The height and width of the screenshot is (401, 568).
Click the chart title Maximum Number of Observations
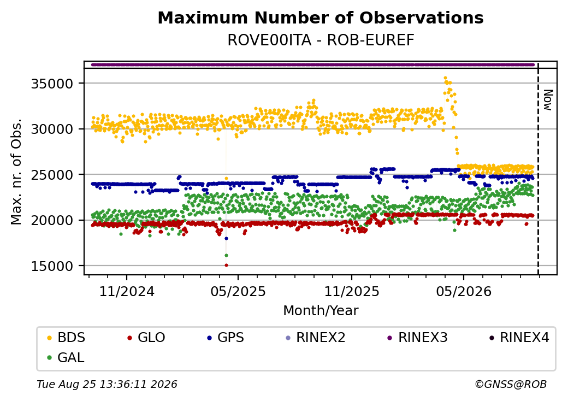point(321,17)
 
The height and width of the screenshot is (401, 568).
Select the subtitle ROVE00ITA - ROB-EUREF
point(321,40)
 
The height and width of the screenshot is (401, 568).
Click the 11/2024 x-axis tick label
point(127,292)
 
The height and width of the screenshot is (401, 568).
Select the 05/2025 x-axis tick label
point(238,292)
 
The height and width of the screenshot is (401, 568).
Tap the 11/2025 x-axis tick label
point(351,292)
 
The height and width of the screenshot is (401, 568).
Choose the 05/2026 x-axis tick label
point(464,292)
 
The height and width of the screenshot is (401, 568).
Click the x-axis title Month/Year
point(321,311)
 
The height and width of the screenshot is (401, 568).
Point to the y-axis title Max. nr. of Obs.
point(16,172)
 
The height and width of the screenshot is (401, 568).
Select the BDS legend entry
point(66,338)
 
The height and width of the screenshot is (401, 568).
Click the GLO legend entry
point(146,338)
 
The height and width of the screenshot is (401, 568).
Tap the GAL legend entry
point(66,358)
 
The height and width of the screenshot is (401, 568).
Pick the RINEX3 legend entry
point(417,338)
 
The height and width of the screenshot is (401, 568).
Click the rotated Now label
point(548,101)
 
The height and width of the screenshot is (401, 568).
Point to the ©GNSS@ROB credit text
point(511,384)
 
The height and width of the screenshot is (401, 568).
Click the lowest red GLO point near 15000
point(227,265)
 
